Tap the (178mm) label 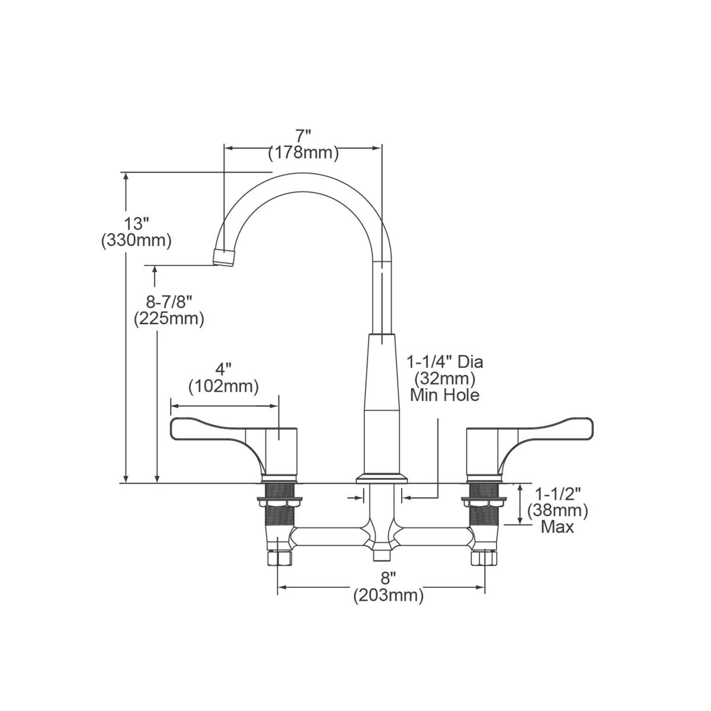click(303, 153)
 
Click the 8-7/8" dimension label click(168, 302)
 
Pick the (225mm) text click(169, 319)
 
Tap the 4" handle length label click(223, 370)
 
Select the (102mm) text click(223, 387)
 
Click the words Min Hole click(445, 394)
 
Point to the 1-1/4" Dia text click(445, 361)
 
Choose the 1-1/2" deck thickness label click(558, 494)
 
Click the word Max click(557, 527)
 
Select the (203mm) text click(388, 596)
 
